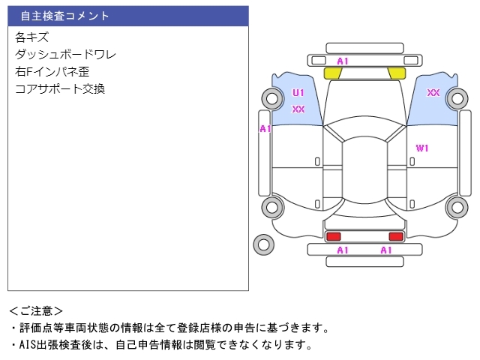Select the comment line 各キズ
[31, 37]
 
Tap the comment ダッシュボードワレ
[65, 54]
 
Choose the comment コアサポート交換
[59, 88]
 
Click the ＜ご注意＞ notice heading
[36, 310]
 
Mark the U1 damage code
[298, 93]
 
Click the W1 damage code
[422, 148]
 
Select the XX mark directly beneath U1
[298, 109]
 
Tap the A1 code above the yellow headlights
[343, 61]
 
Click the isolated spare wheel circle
[263, 244]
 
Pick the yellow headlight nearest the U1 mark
[332, 73]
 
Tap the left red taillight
[333, 236]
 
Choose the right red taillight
[395, 236]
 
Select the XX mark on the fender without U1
[433, 93]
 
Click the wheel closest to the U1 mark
[271, 97]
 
